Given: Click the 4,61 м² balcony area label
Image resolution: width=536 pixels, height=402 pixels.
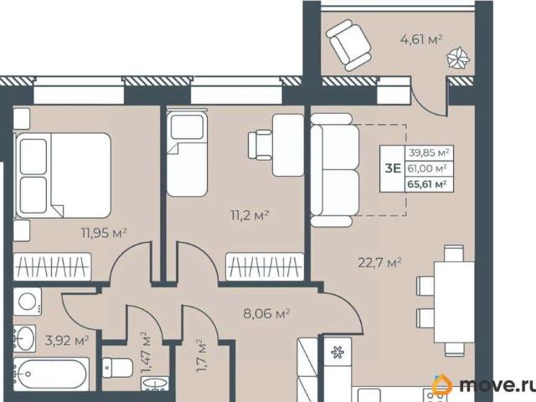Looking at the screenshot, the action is [421, 39].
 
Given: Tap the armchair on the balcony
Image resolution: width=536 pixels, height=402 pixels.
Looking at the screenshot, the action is [348, 44].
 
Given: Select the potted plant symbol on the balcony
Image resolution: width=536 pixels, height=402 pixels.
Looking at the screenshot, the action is [458, 59].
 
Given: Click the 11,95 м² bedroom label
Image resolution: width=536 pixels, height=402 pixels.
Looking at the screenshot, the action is [104, 233].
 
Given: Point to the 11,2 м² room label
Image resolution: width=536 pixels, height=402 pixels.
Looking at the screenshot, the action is [250, 215].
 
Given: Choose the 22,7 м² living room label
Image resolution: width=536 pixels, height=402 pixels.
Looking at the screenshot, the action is [379, 262].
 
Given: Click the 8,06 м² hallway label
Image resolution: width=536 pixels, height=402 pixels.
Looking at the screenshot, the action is [266, 313].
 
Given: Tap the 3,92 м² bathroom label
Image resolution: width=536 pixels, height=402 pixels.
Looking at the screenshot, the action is [67, 340].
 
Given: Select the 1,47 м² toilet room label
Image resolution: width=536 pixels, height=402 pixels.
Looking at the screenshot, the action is [146, 353].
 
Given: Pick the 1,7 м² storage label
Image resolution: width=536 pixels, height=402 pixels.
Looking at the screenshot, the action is [201, 355].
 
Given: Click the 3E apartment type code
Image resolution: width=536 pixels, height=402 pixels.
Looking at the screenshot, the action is [393, 168].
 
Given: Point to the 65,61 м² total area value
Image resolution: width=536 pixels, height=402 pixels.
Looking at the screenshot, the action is [427, 184].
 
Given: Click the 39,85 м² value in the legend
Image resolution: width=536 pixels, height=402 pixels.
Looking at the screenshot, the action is [429, 152].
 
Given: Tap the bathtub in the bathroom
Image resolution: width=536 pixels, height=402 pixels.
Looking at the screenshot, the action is [51, 374].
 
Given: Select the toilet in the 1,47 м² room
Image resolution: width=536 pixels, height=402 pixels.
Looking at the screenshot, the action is [117, 368].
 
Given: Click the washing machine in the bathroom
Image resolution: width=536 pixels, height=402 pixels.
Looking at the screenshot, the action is [28, 301].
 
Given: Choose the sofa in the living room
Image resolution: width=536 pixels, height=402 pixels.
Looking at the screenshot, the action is [335, 170].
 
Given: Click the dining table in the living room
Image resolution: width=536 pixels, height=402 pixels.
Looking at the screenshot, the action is [454, 302].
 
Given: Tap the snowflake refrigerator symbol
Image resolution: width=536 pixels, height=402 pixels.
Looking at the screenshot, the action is [338, 352].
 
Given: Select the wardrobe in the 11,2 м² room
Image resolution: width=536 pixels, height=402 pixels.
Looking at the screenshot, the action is [265, 266].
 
